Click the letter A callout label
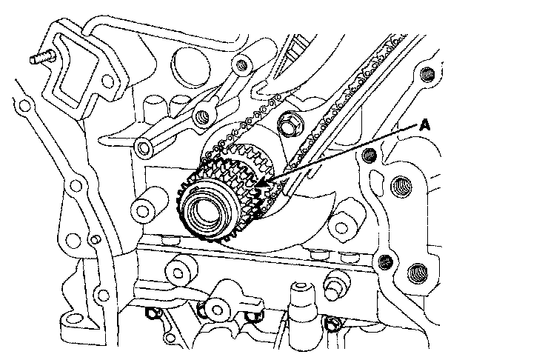click(x=424, y=125)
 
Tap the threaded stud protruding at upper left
click(x=41, y=57)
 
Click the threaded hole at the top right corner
click(x=427, y=75)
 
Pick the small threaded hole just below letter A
click(x=370, y=154)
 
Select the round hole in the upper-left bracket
click(x=107, y=81)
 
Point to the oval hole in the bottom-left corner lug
click(x=74, y=318)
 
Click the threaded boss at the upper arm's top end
click(x=242, y=64)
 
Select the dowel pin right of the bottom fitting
click(x=335, y=284)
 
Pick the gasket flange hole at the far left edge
click(x=24, y=106)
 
